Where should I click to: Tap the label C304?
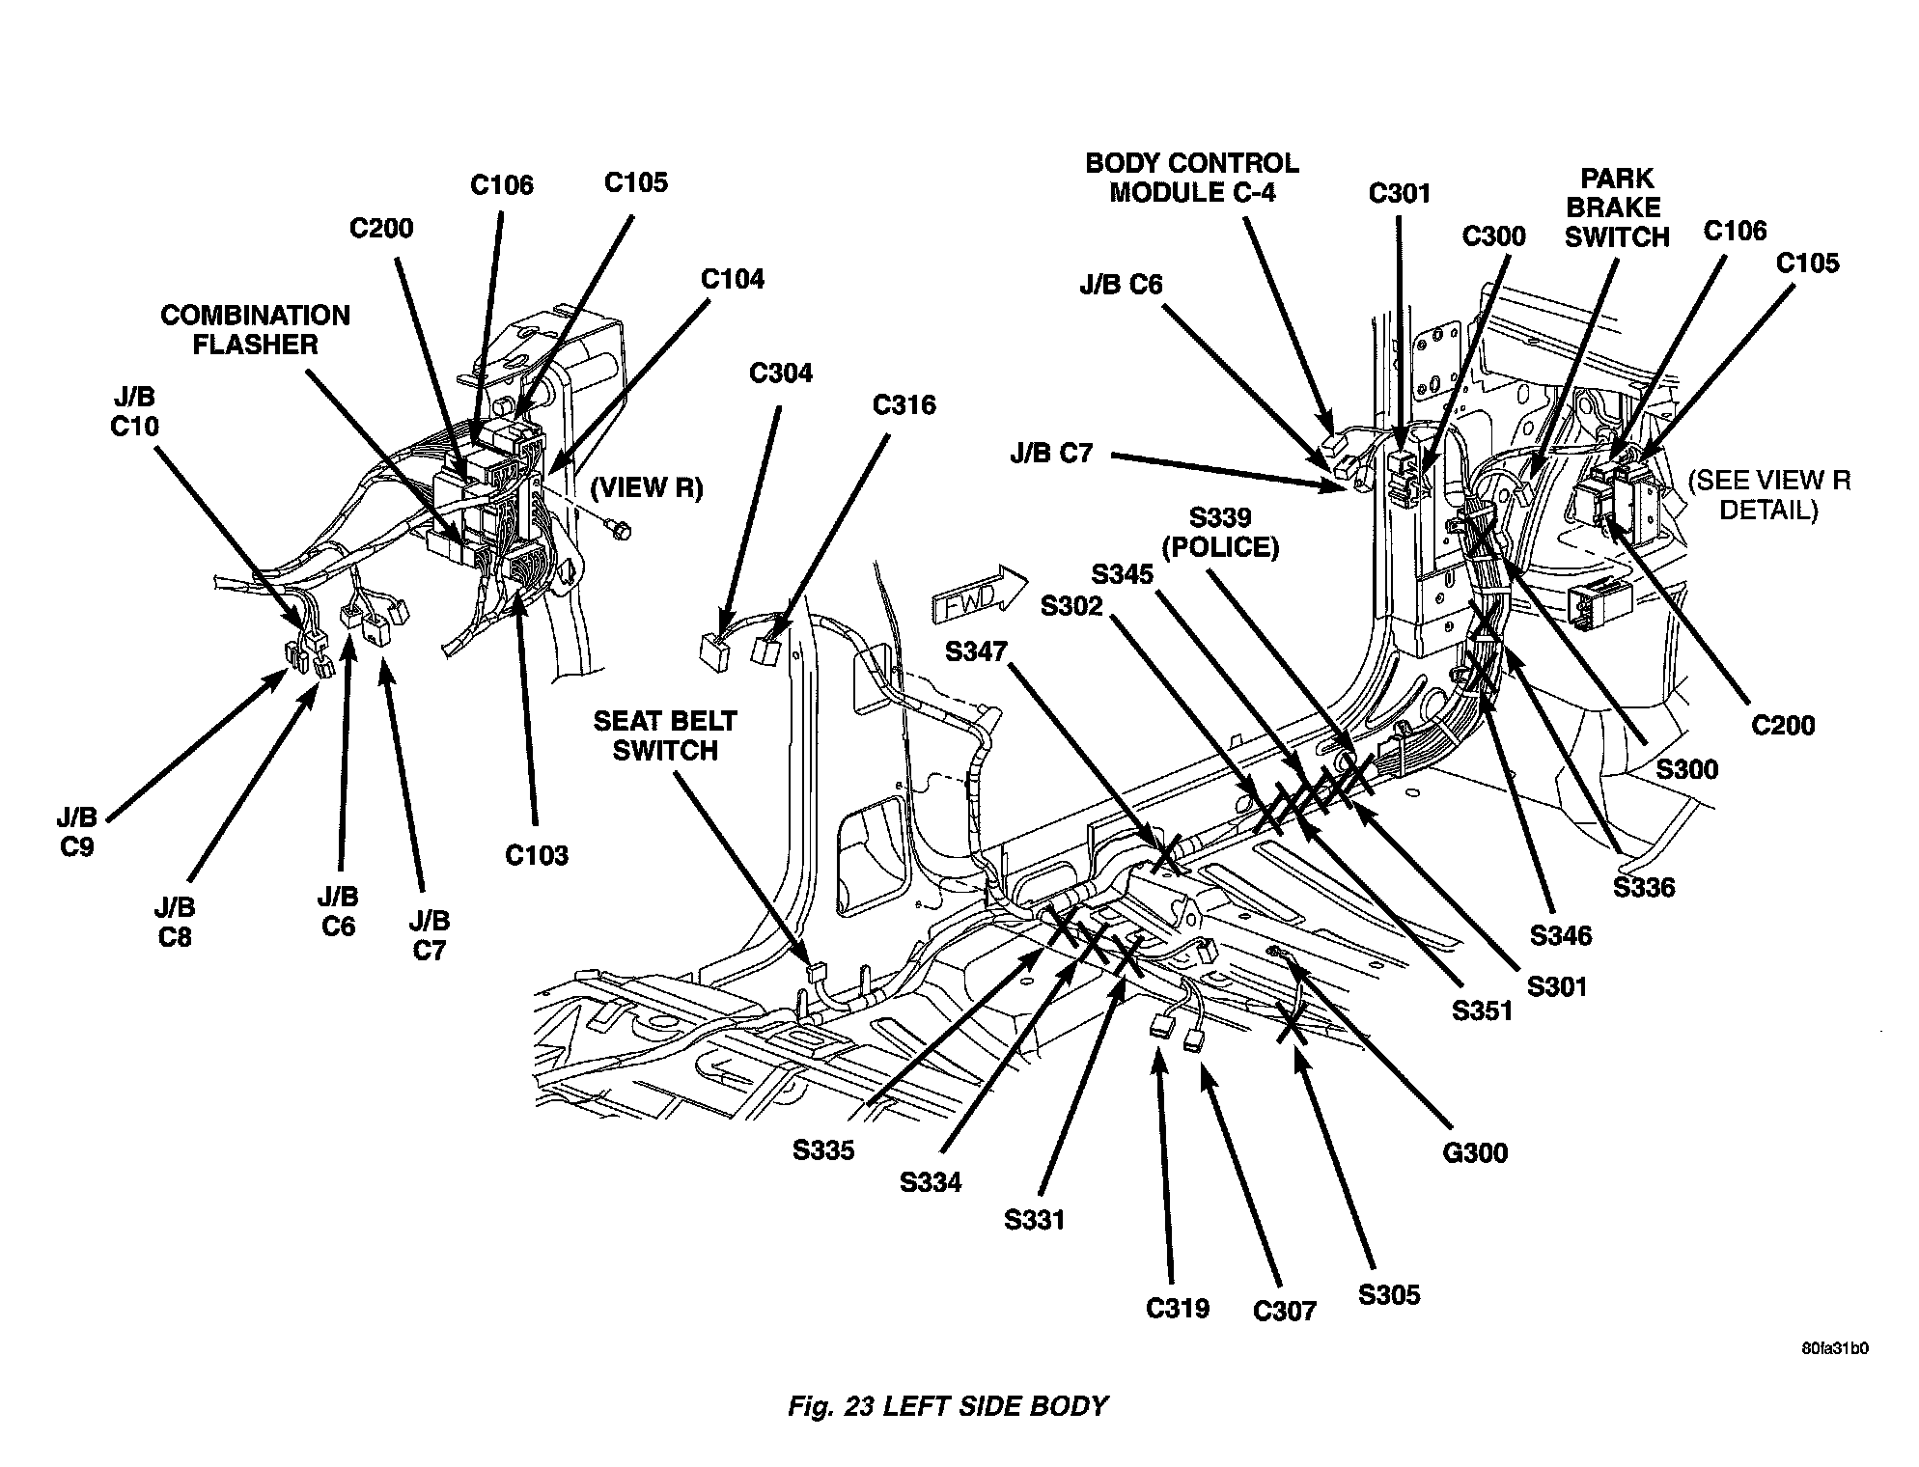780,373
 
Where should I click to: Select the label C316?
904,404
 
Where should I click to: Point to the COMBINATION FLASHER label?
255,330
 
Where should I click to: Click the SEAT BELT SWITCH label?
664,735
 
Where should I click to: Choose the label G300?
1476,1151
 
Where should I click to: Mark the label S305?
1388,1294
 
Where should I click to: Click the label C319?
1178,1309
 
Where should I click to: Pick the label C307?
1284,1311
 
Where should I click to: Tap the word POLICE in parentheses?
1220,547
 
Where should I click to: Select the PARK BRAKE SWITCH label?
1616,208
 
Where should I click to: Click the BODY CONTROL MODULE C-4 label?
1191,178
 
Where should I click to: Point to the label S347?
976,652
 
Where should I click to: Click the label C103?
537,855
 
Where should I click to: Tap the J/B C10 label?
133,412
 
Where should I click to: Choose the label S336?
1644,887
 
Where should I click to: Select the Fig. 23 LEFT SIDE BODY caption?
947,1406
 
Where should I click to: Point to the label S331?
1034,1220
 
